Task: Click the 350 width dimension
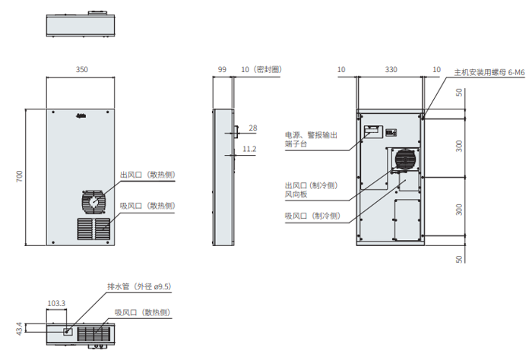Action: pos(81,69)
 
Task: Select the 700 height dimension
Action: pos(21,176)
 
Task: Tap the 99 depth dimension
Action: pos(222,69)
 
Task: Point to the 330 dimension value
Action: pos(391,69)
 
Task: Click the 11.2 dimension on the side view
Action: pos(249,149)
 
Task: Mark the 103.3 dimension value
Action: pos(56,303)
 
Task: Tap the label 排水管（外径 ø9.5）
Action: pos(138,286)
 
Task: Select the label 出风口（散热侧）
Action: pos(147,175)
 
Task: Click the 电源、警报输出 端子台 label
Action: pos(311,139)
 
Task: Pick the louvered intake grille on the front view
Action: pos(93,228)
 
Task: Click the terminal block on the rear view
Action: pos(372,130)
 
